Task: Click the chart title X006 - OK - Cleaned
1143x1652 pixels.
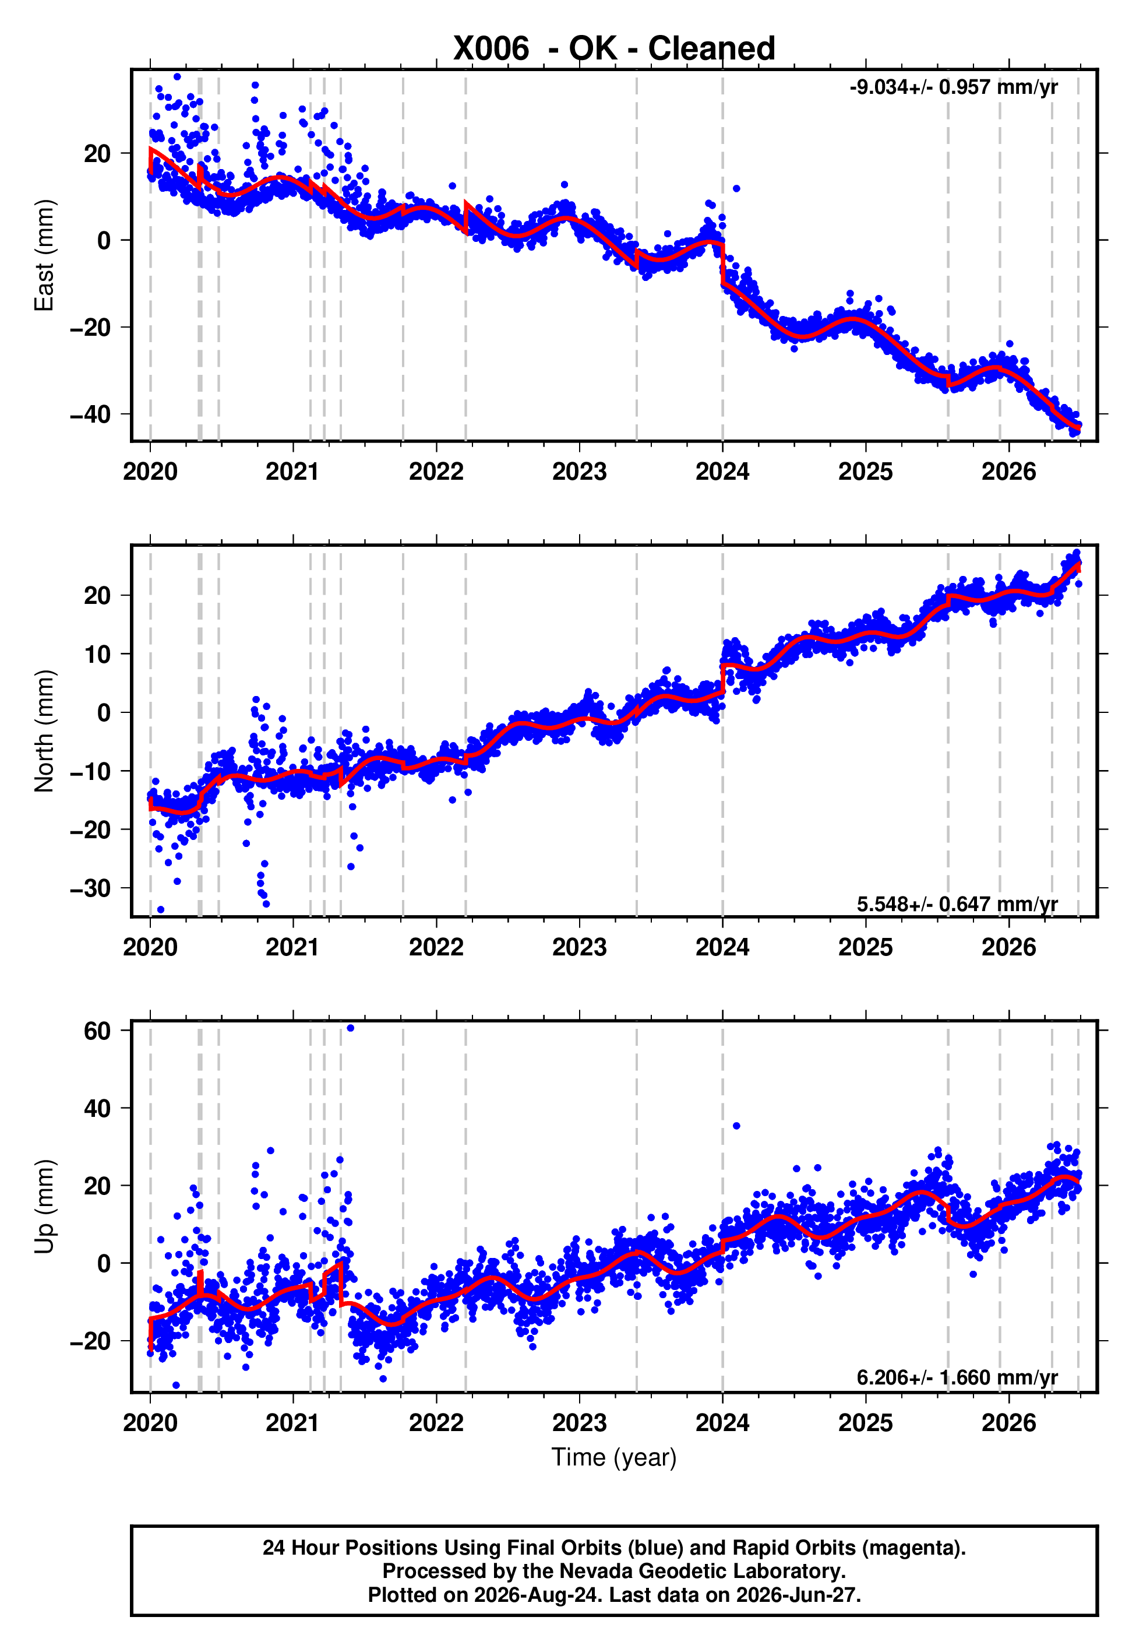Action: [614, 49]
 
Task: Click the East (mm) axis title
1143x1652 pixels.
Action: [44, 255]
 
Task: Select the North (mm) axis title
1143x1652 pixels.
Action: [44, 731]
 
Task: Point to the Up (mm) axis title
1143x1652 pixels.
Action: [44, 1207]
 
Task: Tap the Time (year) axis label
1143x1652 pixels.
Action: [614, 1457]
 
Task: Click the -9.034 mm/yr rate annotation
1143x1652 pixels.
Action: [953, 87]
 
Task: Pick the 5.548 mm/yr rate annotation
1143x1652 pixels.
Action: [958, 904]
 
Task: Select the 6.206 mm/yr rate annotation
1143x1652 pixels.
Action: [958, 1377]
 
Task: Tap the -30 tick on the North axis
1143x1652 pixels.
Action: [90, 888]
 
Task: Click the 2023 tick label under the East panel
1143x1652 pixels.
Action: [580, 472]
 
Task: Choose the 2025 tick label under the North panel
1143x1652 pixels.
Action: [866, 947]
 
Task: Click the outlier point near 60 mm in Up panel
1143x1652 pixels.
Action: [350, 1028]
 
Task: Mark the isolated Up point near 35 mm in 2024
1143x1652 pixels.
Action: [736, 1126]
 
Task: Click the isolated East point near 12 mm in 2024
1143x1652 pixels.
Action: [736, 188]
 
